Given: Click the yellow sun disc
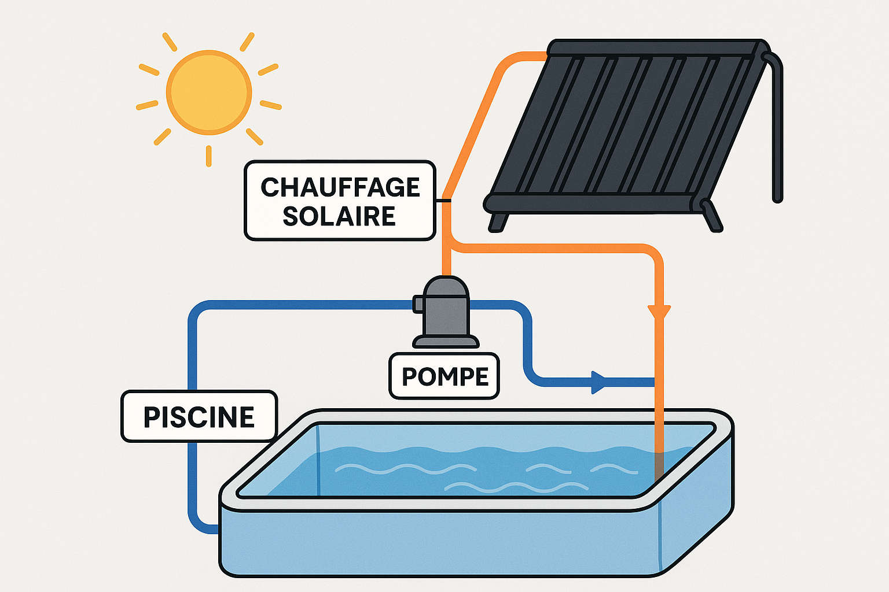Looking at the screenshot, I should [209, 92].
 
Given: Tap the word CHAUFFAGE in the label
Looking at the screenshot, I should [340, 187].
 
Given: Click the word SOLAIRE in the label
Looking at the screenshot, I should [339, 216].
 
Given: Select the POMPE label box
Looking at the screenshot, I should [444, 376].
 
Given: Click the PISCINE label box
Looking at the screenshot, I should [199, 417].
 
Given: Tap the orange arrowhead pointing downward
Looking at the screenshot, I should [659, 312].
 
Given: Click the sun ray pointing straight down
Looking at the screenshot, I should [208, 156].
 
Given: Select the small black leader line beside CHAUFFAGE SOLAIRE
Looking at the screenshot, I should [443, 201].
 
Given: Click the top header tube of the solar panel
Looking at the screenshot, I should [654, 48].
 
